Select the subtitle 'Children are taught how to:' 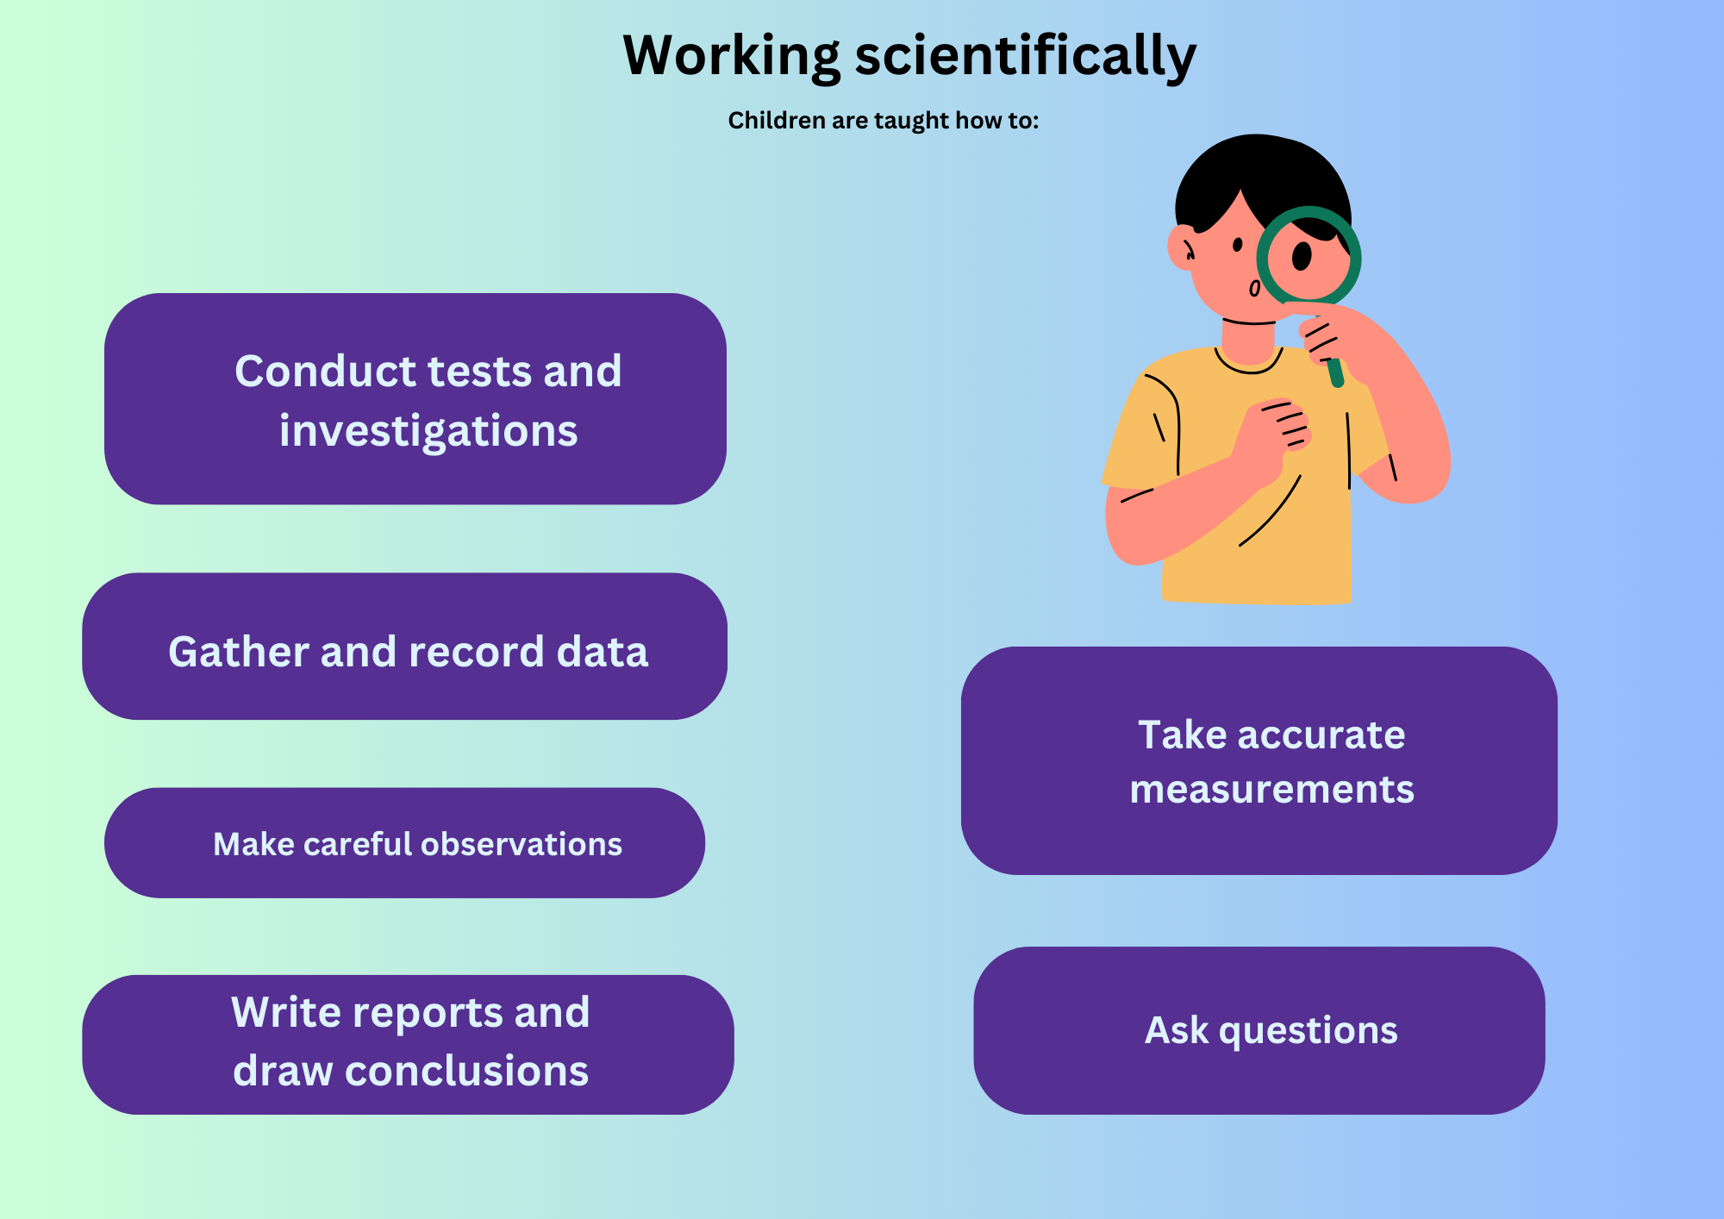[x=884, y=121]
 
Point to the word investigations [x=428, y=431]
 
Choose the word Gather [x=238, y=652]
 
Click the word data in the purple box [x=603, y=652]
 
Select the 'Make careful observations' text [x=417, y=844]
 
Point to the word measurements [x=1271, y=790]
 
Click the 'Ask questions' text [x=1271, y=1031]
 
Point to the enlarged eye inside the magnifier [x=1302, y=256]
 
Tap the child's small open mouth [x=1255, y=289]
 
